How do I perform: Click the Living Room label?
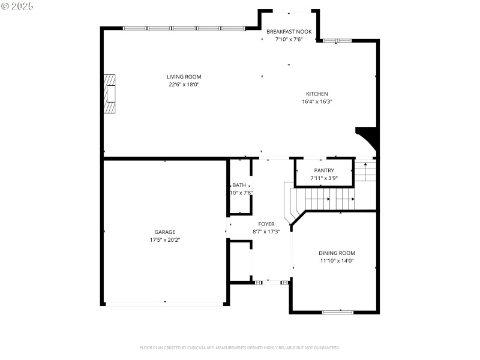pos(184,77)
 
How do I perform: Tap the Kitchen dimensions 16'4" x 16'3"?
pos(317,102)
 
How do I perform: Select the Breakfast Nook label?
pos(289,31)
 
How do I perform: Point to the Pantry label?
pos(323,170)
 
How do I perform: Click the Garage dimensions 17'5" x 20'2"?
pos(165,240)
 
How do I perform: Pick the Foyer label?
pos(266,224)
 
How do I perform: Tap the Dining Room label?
pos(337,253)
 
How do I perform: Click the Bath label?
pos(239,185)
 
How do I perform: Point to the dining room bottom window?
pos(337,312)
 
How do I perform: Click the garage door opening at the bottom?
pos(165,304)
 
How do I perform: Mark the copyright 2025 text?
pos(17,5)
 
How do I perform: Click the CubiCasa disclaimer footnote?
pos(239,347)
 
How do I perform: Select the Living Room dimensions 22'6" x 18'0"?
pos(184,85)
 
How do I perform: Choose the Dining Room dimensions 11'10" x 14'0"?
pos(337,261)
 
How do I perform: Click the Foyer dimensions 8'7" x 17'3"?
pos(266,232)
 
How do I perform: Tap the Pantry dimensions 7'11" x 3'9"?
pos(323,178)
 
